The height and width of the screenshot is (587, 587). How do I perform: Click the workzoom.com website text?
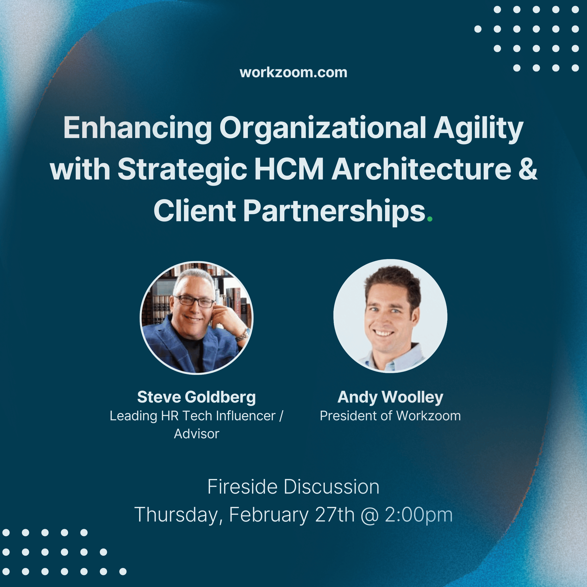click(293, 73)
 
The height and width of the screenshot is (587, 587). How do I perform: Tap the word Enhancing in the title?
click(137, 128)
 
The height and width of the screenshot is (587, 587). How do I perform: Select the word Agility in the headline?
click(478, 128)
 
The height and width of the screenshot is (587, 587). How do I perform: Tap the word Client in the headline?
click(194, 211)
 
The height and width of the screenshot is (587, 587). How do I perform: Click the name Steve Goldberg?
click(196, 397)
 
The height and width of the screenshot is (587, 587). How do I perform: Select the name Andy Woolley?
click(390, 397)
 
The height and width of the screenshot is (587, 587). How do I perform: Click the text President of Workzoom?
click(390, 416)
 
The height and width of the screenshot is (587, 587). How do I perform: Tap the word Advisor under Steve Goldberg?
click(196, 434)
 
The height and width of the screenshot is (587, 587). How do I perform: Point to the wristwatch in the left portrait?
click(242, 336)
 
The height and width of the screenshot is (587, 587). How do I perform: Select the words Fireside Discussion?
click(293, 487)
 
